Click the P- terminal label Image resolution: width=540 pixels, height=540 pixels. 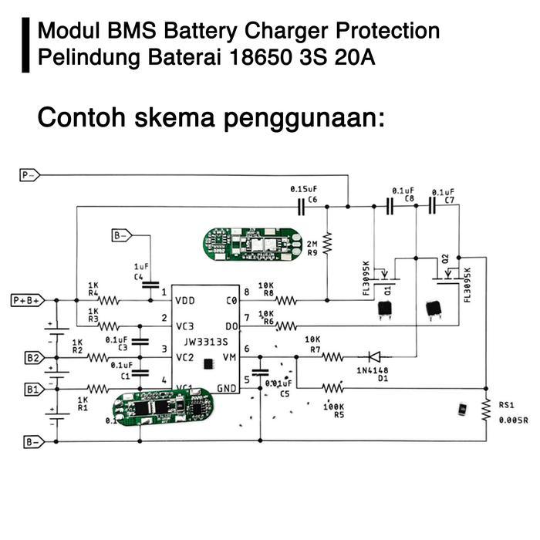click(x=29, y=176)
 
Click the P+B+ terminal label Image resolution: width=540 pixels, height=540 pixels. click(x=28, y=299)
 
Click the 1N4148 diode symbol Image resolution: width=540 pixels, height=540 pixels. click(x=374, y=356)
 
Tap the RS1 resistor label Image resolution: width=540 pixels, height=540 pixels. click(x=506, y=404)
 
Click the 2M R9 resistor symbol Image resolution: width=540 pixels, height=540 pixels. click(x=327, y=245)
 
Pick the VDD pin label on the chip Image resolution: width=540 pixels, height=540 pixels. click(x=185, y=300)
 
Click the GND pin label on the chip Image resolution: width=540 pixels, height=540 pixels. click(x=226, y=389)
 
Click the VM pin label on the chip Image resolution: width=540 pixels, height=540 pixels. click(x=228, y=357)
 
